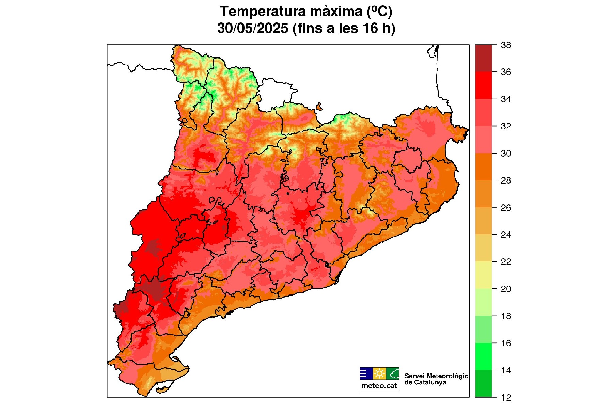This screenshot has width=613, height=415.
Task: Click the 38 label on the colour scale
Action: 506,45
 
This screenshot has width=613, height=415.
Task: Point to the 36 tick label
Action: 506,72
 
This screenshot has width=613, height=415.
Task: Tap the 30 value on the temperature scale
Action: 506,154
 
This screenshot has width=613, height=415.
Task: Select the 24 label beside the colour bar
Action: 506,235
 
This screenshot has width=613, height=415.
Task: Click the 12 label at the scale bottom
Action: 506,398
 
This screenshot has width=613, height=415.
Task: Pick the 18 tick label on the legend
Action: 506,316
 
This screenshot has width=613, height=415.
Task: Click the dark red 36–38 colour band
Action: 484,58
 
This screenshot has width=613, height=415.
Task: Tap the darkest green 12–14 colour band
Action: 484,384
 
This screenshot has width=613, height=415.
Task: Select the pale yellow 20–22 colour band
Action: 484,275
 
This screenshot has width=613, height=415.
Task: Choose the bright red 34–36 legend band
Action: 484,85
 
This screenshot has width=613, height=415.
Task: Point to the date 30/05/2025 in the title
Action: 253,28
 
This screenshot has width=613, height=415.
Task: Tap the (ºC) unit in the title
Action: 379,12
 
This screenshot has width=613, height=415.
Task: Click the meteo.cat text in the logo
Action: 379,386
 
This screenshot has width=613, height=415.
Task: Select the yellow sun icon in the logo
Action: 379,373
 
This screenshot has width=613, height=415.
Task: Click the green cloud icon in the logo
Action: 393,373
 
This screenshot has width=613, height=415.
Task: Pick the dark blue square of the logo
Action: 366,373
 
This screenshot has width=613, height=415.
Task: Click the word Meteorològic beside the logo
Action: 447,376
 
